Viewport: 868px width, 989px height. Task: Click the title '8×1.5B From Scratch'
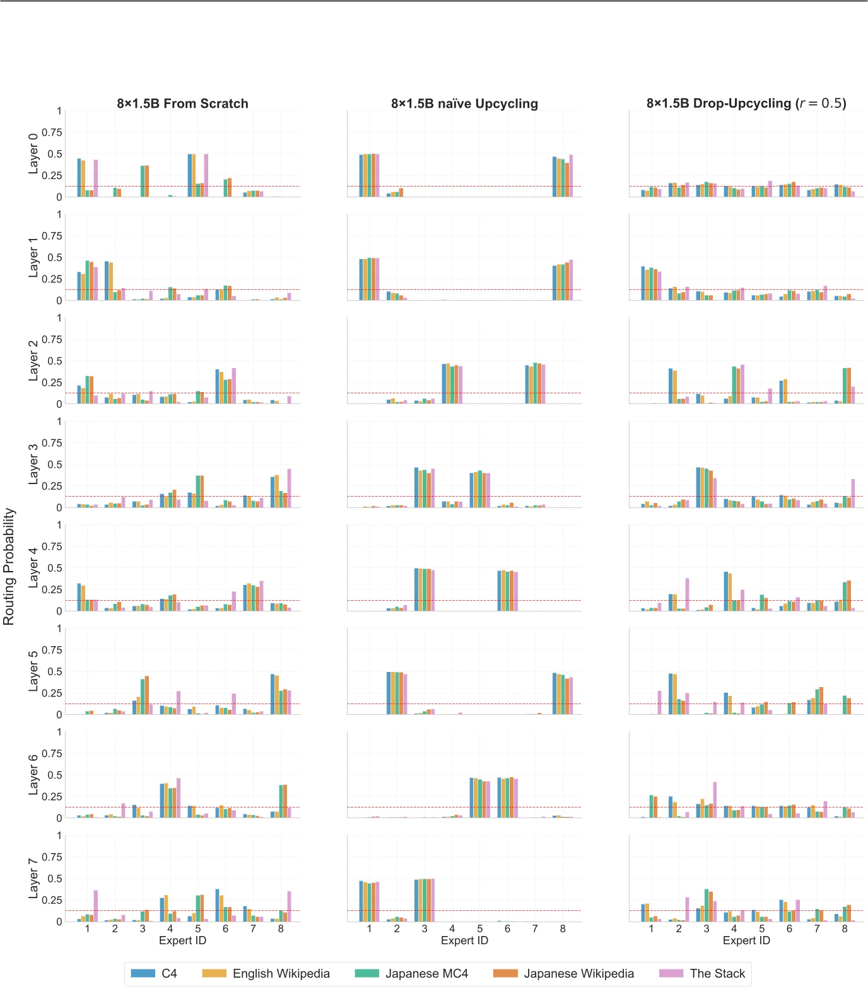(x=182, y=103)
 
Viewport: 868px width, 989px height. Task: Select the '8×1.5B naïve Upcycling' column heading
(x=464, y=103)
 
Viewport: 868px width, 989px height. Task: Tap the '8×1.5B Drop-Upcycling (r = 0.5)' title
(x=746, y=103)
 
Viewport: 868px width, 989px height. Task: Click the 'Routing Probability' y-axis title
(x=9, y=566)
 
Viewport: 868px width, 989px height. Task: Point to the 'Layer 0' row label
(x=33, y=154)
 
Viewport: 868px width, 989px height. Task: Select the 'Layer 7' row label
(x=33, y=879)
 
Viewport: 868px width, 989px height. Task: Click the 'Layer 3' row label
(x=33, y=465)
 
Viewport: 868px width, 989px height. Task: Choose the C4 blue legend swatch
(x=143, y=973)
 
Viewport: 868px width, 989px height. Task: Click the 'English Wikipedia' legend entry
(x=281, y=973)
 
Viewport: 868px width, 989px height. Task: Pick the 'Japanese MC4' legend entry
(x=426, y=973)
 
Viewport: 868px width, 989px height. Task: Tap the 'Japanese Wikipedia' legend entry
(x=578, y=973)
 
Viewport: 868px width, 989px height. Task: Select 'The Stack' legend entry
(x=717, y=973)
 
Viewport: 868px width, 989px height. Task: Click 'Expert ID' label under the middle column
(x=464, y=940)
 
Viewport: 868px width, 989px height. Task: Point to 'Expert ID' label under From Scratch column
(x=182, y=940)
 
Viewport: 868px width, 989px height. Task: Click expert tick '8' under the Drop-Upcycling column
(x=845, y=928)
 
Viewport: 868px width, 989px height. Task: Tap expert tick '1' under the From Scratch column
(x=87, y=928)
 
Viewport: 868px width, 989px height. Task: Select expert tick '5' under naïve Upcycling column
(x=479, y=928)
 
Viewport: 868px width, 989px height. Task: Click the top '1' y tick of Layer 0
(x=59, y=111)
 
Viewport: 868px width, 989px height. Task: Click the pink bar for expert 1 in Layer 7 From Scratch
(x=96, y=906)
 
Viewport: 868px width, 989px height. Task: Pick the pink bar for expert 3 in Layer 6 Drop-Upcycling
(x=715, y=800)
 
